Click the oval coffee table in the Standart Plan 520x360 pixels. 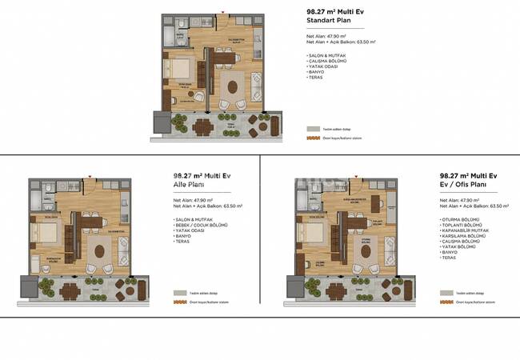pyautogui.click(x=233, y=86)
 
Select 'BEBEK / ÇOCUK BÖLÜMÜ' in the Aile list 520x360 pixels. pyautogui.click(x=202, y=226)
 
